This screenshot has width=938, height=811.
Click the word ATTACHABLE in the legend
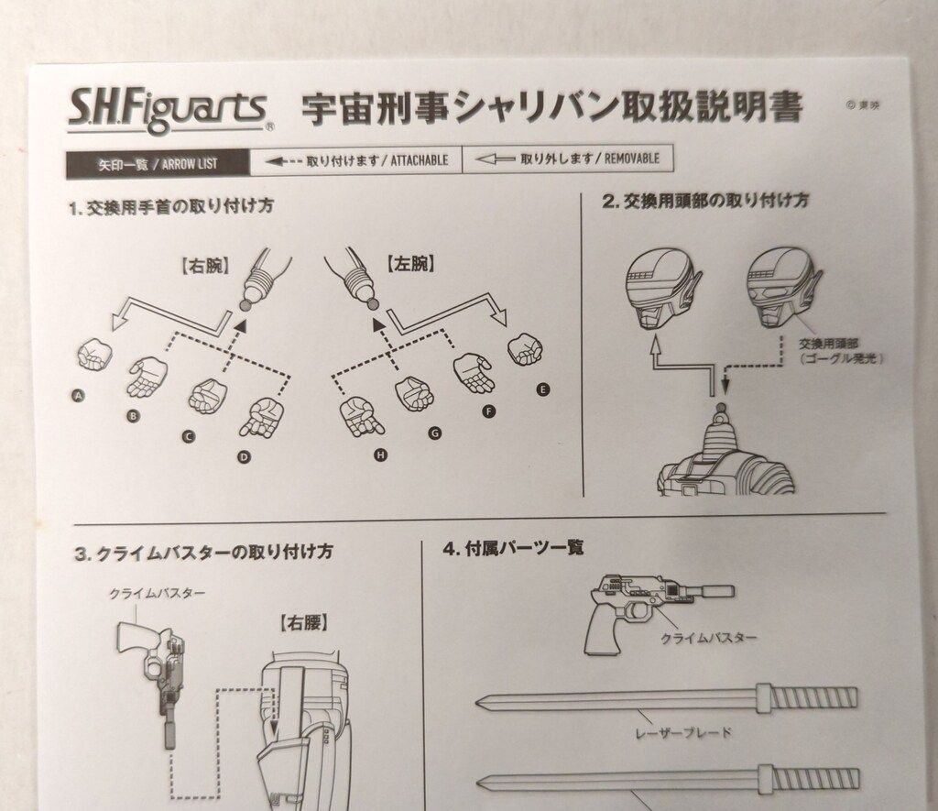pyautogui.click(x=419, y=160)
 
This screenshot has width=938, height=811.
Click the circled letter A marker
pyautogui.click(x=78, y=396)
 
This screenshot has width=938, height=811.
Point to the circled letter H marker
pyautogui.click(x=378, y=455)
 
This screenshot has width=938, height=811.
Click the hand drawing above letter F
pyautogui.click(x=473, y=372)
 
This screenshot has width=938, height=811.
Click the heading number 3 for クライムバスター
pyautogui.click(x=81, y=553)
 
